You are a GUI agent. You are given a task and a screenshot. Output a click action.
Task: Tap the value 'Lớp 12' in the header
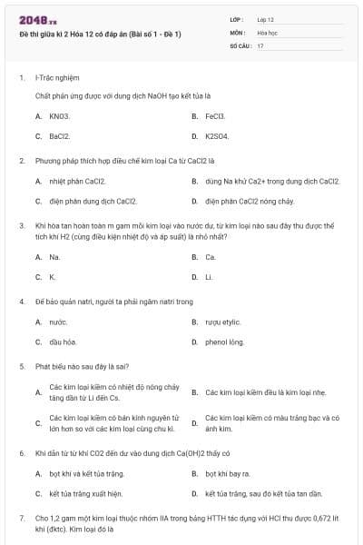pos(266,18)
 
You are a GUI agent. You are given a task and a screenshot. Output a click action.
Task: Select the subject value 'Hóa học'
pos(267,32)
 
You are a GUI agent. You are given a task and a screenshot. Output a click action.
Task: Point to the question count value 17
pos(260,45)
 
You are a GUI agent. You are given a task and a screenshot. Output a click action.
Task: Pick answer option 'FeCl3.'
pos(215,116)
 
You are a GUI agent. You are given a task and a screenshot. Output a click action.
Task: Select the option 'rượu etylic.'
pos(223,322)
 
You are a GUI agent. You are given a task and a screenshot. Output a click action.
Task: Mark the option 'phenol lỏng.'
pos(225,342)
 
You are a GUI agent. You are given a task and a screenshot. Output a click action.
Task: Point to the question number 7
pos(22,518)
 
